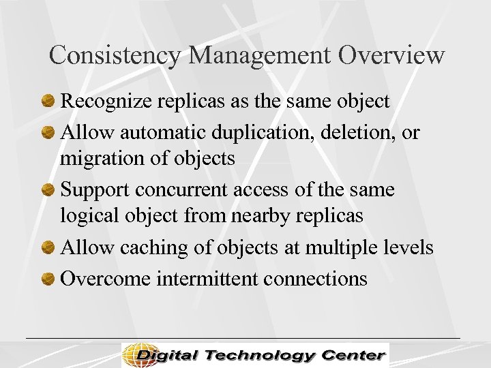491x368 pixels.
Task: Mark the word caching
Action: tap(155, 247)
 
